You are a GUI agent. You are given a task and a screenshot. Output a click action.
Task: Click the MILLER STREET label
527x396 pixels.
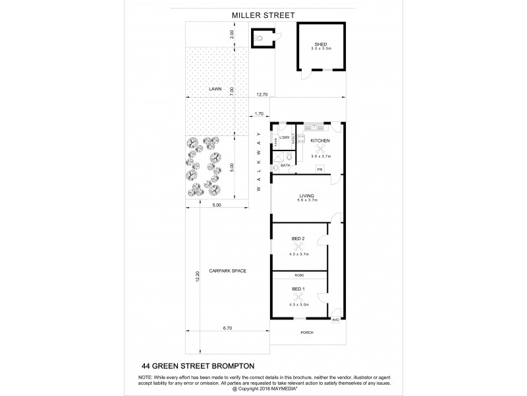click(263, 15)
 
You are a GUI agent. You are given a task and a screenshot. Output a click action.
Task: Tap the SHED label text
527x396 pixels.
click(321, 44)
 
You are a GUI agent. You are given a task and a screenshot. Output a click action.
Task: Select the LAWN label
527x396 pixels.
click(215, 88)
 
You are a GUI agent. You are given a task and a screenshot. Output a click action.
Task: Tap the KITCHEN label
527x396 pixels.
click(320, 141)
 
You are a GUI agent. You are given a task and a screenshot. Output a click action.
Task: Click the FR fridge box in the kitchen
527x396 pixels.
click(319, 170)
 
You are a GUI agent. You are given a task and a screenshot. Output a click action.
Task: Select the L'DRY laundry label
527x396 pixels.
click(285, 137)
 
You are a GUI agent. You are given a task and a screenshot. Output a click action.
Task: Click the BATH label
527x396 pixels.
click(285, 166)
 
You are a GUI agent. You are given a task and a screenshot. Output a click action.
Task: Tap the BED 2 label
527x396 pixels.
click(298, 238)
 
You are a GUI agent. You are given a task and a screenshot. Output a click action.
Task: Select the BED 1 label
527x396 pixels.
click(298, 289)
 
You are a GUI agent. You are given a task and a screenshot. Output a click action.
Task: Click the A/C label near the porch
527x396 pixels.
click(335, 319)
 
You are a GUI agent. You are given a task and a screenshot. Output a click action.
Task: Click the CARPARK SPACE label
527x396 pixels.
click(227, 270)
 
